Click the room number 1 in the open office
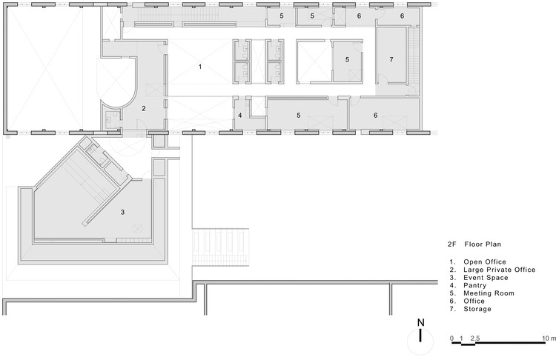click(x=200, y=67)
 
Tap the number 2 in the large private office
click(x=144, y=108)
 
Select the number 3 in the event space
click(x=122, y=213)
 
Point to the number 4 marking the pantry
click(x=240, y=116)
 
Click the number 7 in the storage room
click(x=391, y=59)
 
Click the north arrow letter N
click(x=420, y=323)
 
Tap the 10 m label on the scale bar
click(x=549, y=338)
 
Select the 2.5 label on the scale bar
click(x=475, y=338)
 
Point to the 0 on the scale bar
click(x=451, y=338)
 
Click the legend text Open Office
click(x=485, y=261)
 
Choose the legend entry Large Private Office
click(x=499, y=270)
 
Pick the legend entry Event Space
click(x=486, y=278)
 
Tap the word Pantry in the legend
click(x=474, y=285)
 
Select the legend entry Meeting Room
click(x=489, y=293)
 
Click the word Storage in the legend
click(x=477, y=309)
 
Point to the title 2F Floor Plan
click(x=474, y=244)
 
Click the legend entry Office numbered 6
click(x=474, y=301)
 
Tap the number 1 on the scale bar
click(x=461, y=338)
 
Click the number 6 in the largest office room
click(x=376, y=116)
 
